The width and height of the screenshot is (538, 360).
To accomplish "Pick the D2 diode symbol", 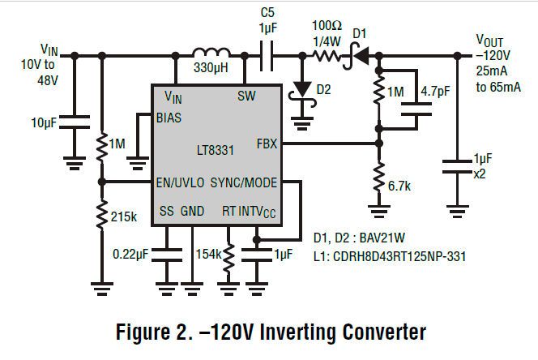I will tap(304, 88).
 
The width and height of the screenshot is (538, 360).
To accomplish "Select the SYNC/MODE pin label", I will tap(252, 182).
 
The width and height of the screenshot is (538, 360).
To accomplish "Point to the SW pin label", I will tap(246, 96).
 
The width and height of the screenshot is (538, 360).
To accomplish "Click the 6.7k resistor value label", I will tap(400, 186).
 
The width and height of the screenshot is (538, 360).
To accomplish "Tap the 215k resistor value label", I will tap(122, 217).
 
